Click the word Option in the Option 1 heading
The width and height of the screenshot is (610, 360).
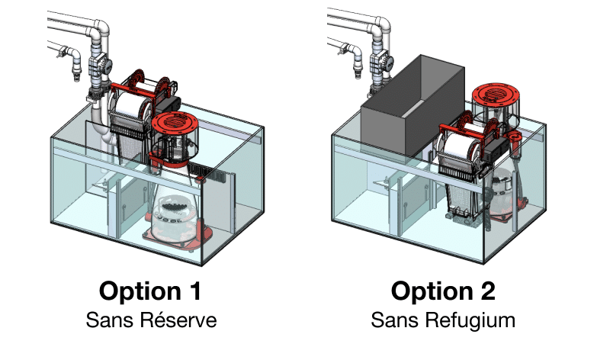pos(140,291)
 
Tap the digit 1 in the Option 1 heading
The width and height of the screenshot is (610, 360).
pos(195,291)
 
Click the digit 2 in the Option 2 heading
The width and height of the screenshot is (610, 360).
pos(488,291)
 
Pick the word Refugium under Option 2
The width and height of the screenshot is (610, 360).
pos(470,320)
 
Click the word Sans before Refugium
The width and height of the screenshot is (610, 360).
pos(395,320)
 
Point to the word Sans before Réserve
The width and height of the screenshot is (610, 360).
pos(110,320)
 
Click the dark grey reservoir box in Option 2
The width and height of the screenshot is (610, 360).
pos(413,107)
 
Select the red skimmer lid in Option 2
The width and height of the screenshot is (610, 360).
pos(496,95)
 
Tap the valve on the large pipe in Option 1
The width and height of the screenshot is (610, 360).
pos(99,66)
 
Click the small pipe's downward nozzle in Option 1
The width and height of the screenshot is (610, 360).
pos(77,67)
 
